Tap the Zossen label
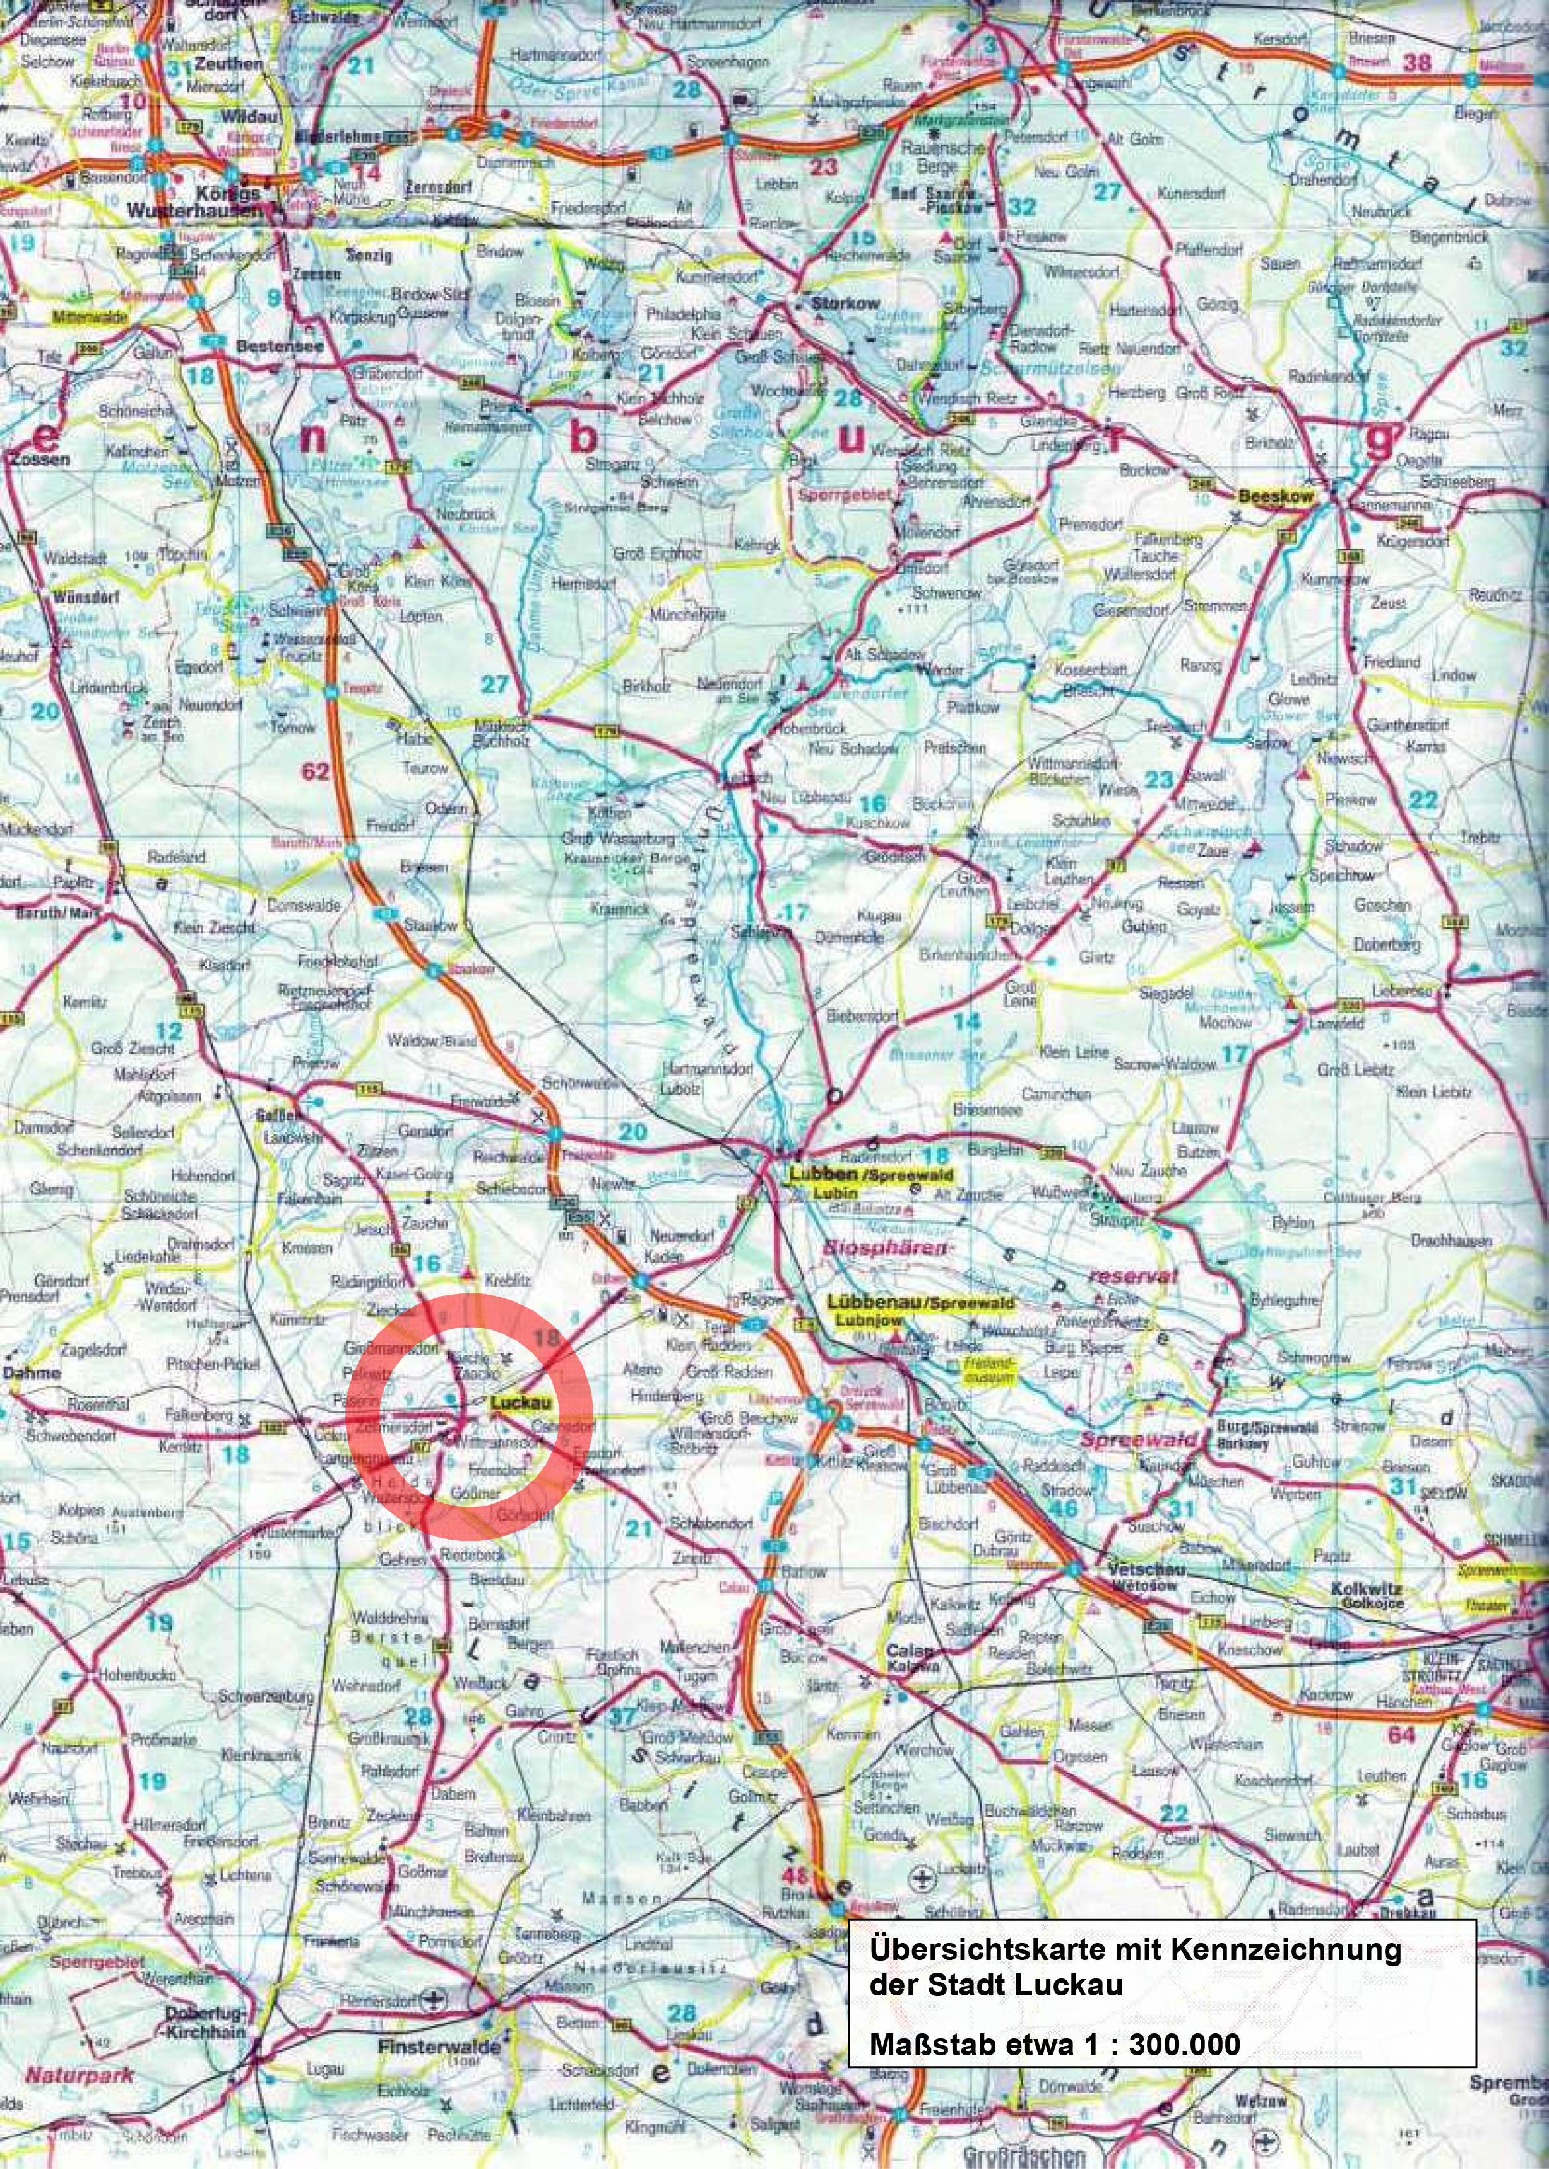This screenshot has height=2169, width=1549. coord(39,459)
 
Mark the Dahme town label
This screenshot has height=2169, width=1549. coord(32,1372)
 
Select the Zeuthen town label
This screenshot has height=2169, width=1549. coord(228,64)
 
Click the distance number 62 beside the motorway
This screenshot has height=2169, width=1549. coord(316,771)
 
